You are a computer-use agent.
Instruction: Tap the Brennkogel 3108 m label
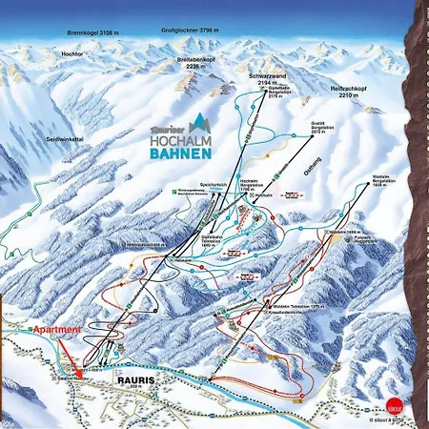click(92, 32)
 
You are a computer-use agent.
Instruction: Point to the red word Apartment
click(57, 329)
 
